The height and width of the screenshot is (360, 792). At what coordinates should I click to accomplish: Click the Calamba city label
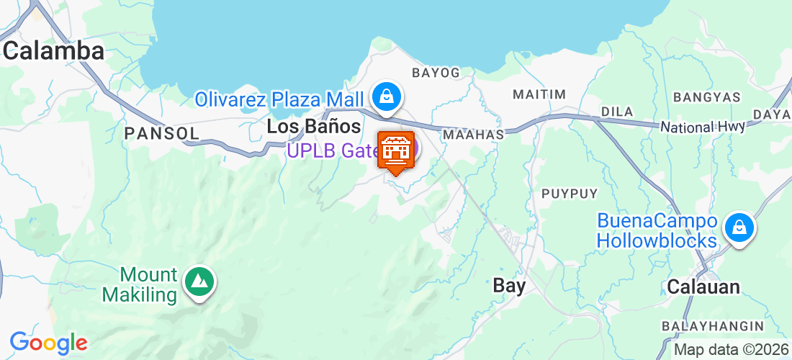tap(54, 50)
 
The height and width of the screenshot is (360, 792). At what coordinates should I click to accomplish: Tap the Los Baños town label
tap(313, 127)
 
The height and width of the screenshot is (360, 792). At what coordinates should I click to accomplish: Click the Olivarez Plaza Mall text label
tap(280, 98)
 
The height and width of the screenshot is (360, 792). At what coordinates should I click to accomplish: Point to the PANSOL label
tap(161, 133)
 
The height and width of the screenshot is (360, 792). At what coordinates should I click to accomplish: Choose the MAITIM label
tap(539, 94)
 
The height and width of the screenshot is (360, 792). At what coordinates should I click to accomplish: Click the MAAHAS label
tap(473, 135)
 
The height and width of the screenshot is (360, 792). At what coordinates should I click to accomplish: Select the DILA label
tap(616, 112)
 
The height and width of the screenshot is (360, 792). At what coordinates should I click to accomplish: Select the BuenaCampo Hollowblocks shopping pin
tap(739, 228)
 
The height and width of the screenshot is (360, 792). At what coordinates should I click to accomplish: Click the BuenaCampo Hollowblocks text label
tap(657, 230)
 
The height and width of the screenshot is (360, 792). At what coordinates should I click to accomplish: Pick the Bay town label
tap(509, 285)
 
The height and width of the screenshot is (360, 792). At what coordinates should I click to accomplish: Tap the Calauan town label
tap(703, 287)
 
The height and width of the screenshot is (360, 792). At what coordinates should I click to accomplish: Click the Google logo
tap(48, 343)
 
